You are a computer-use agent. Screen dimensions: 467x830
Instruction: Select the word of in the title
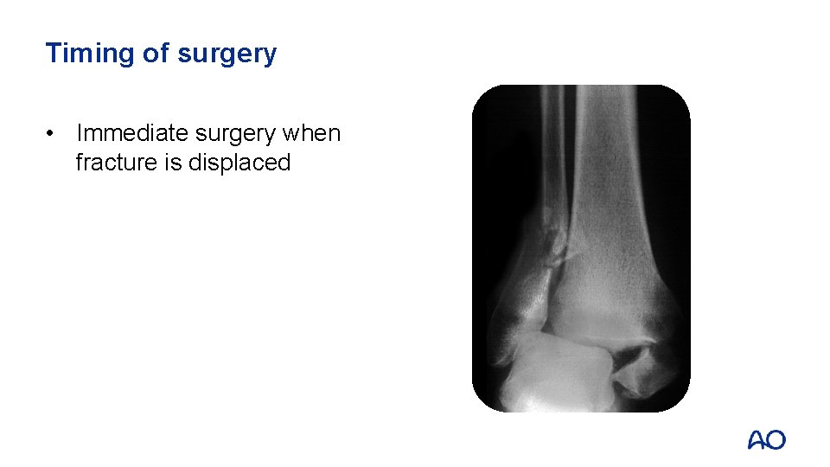[156, 54]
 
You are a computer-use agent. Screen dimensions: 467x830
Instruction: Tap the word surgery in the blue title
[227, 54]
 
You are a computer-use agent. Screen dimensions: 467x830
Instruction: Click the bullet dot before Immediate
[54, 134]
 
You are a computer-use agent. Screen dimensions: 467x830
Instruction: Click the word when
[312, 134]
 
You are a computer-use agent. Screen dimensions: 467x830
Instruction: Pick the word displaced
[239, 163]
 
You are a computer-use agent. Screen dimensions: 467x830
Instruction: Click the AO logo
[767, 440]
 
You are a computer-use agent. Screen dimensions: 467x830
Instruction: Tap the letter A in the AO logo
[757, 440]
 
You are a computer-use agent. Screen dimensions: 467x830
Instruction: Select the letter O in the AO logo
[776, 440]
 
